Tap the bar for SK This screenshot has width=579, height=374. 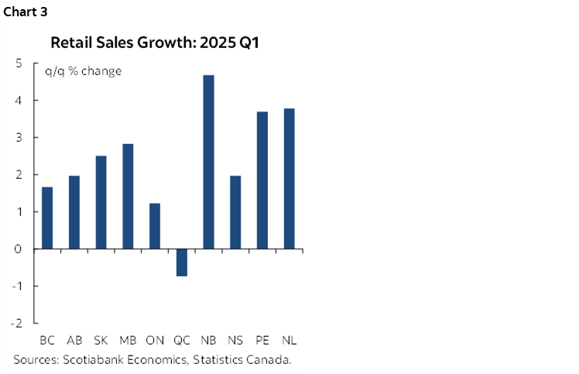click(101, 202)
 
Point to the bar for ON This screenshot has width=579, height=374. click(155, 226)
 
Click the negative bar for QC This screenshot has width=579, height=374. click(182, 262)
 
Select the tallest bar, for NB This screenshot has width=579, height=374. click(209, 162)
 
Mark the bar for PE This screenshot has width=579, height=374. click(262, 180)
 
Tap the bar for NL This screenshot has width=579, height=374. click(289, 178)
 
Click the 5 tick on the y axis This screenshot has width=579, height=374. click(18, 63)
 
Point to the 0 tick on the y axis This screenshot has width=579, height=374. click(18, 249)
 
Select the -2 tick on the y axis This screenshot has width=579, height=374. click(15, 323)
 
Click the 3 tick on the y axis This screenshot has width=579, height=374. click(18, 138)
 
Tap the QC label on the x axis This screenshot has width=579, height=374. click(182, 340)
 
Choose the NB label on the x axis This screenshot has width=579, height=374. click(209, 340)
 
